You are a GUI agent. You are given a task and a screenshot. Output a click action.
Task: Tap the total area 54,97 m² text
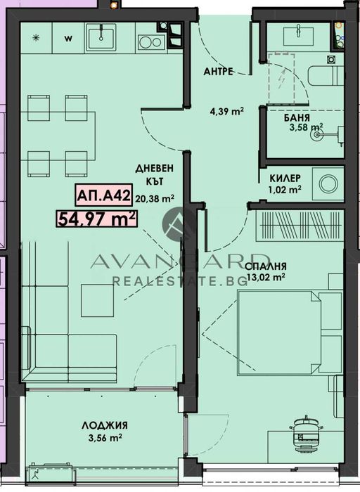96,219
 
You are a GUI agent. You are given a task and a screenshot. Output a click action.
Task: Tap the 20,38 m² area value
155,198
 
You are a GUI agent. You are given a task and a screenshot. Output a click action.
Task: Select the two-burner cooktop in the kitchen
150,41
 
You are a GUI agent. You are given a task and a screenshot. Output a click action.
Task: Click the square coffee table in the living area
94,299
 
